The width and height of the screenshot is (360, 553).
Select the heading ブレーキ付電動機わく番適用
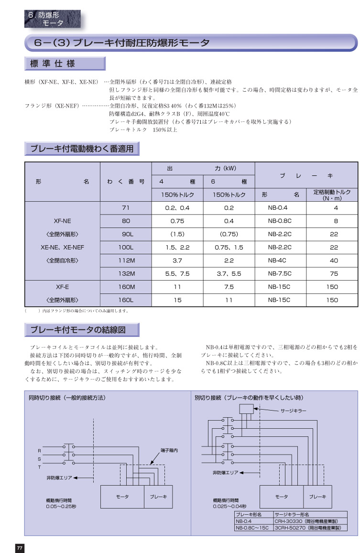(82, 149)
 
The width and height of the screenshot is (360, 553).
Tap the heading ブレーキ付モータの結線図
(81, 330)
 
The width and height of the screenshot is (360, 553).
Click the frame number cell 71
(126, 208)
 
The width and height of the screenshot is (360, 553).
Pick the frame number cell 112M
(126, 260)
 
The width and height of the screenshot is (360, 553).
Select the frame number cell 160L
(126, 300)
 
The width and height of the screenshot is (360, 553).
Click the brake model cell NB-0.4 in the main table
(280, 208)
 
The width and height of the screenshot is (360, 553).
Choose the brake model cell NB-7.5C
(280, 274)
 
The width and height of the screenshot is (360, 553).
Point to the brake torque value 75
(334, 274)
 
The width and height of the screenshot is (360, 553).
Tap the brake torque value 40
(334, 260)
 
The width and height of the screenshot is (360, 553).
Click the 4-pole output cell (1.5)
(177, 234)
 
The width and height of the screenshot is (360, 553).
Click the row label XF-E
(62, 287)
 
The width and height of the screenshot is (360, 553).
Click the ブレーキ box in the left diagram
(158, 497)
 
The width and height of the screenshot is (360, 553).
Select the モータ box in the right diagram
(282, 497)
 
